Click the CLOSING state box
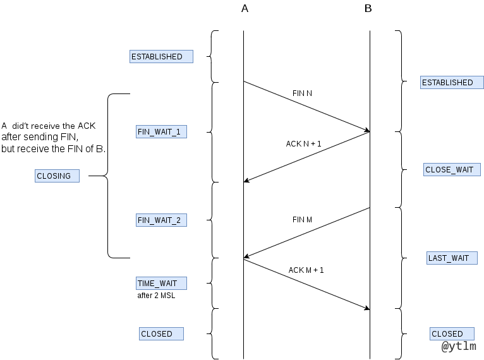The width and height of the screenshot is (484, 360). (x=57, y=176)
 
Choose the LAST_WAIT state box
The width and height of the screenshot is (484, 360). (x=452, y=258)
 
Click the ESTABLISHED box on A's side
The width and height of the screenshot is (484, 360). (x=161, y=57)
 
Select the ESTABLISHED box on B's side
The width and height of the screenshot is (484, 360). (x=451, y=82)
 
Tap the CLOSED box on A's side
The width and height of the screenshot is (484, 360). (x=161, y=333)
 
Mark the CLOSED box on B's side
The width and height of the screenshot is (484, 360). (x=451, y=333)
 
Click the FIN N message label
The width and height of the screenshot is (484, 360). (x=302, y=93)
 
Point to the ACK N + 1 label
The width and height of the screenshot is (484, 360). (x=303, y=144)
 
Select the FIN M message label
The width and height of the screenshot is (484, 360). (x=302, y=220)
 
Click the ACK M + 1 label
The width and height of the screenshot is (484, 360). (x=306, y=270)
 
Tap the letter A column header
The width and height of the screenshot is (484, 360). (x=245, y=8)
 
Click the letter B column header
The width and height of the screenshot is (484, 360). (x=368, y=8)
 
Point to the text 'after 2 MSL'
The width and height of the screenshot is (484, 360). (x=156, y=295)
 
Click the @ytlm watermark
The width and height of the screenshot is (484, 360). (x=458, y=347)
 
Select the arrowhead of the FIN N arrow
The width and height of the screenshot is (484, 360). (x=367, y=131)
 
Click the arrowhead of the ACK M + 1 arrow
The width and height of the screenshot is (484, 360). (x=367, y=308)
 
